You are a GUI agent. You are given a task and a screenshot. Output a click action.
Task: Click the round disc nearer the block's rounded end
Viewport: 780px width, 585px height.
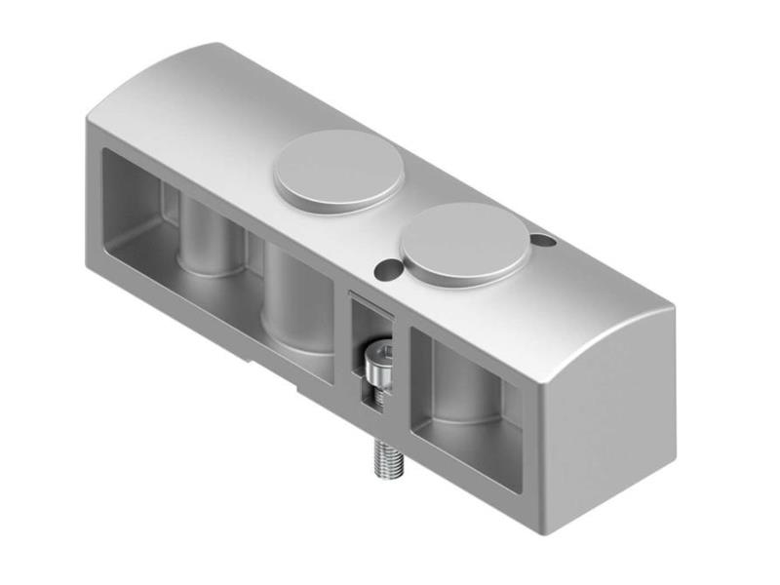[x=466, y=244]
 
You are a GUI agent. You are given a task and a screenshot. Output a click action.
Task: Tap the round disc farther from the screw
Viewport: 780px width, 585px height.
[x=337, y=172]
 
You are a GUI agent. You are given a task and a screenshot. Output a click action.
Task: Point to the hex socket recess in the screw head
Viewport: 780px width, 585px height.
[x=382, y=353]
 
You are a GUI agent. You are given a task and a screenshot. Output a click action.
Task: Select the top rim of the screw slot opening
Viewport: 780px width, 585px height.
[x=371, y=297]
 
